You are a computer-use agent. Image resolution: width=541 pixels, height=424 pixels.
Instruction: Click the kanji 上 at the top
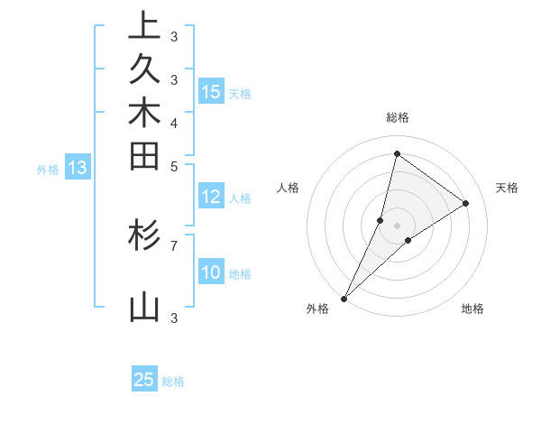pyautogui.click(x=144, y=27)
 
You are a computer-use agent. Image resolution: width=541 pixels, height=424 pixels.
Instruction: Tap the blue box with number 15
pyautogui.click(x=211, y=91)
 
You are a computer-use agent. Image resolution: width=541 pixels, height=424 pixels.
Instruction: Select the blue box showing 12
pyautogui.click(x=211, y=198)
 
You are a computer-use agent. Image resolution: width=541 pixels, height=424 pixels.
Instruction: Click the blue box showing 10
pyautogui.click(x=211, y=273)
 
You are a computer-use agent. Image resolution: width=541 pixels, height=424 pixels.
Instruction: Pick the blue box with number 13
pyautogui.click(x=78, y=168)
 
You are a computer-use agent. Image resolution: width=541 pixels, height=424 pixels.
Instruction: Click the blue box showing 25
pyautogui.click(x=144, y=380)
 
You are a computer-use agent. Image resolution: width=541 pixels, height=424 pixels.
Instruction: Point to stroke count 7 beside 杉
pyautogui.click(x=174, y=244)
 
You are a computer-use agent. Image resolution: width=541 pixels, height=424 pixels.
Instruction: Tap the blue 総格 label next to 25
pyautogui.click(x=173, y=382)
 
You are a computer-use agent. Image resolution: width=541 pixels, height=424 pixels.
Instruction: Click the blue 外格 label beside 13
pyautogui.click(x=48, y=169)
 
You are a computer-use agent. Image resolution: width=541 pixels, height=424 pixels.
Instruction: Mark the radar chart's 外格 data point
pyautogui.click(x=344, y=299)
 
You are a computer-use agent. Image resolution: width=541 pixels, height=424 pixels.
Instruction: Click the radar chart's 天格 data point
pyautogui.click(x=466, y=203)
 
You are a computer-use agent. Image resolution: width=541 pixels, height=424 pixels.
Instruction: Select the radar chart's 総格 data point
pyautogui.click(x=397, y=153)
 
